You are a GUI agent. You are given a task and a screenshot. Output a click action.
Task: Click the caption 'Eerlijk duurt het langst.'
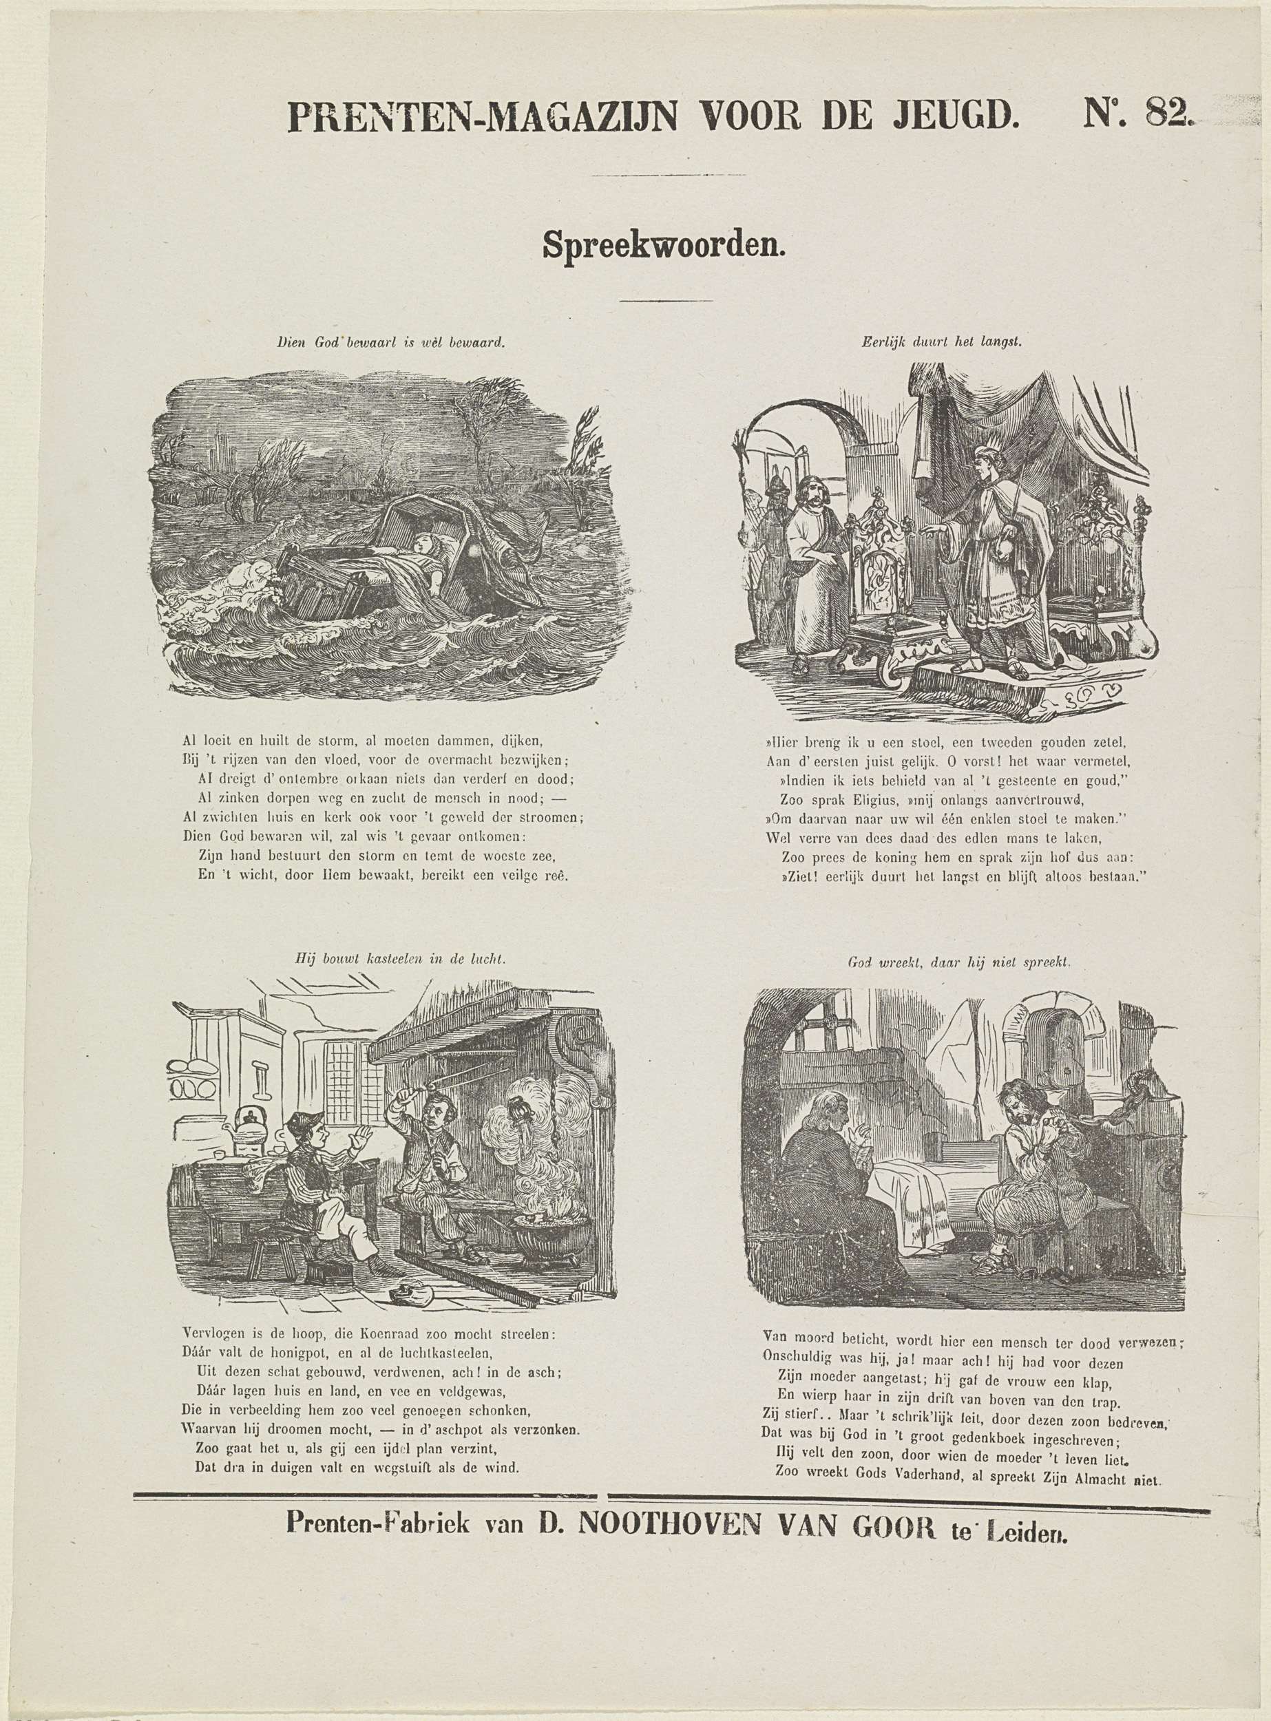(x=941, y=344)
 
